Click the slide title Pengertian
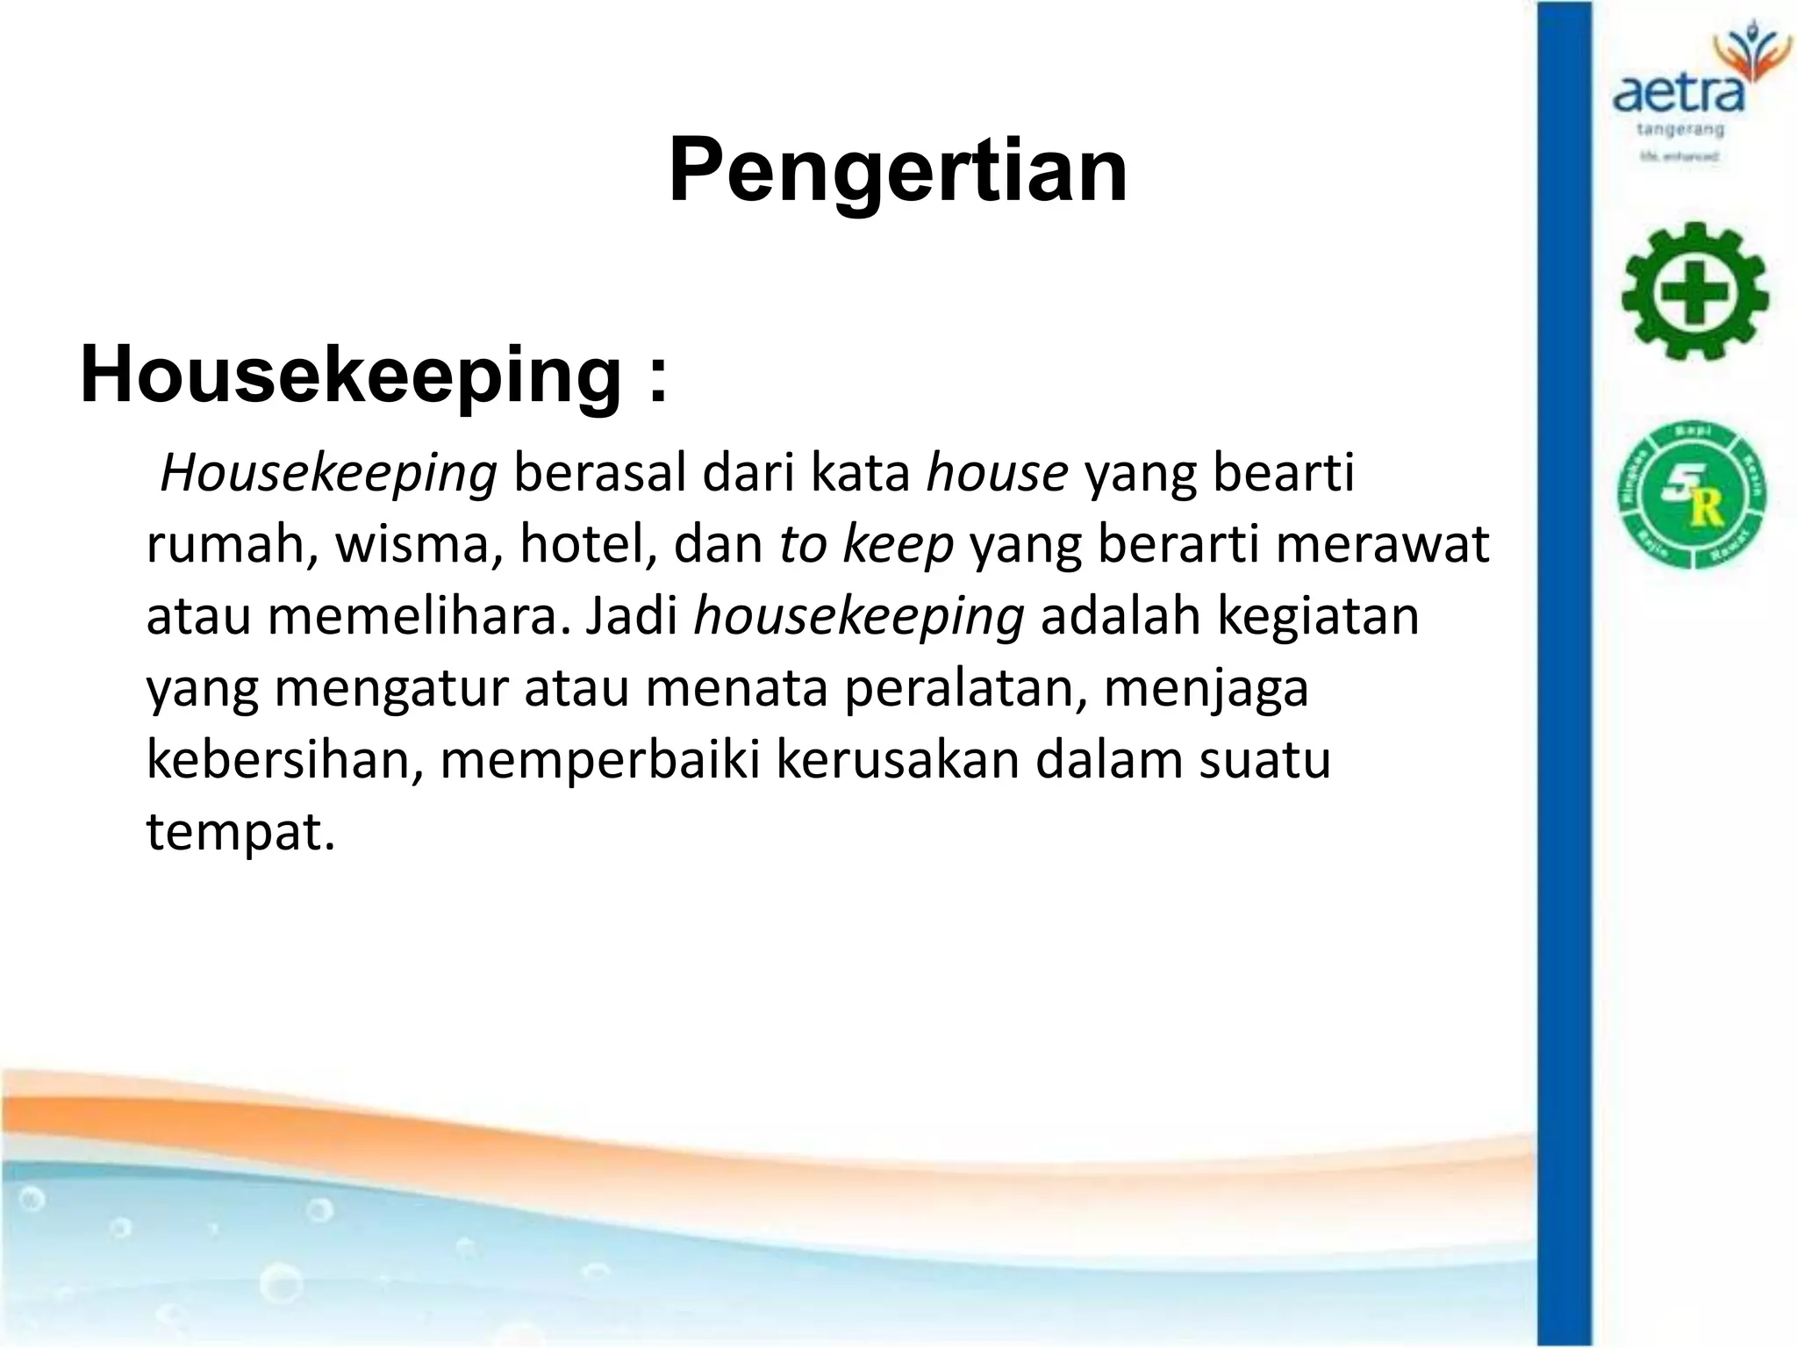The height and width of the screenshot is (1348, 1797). (898, 171)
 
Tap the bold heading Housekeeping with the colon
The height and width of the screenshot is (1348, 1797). (374, 376)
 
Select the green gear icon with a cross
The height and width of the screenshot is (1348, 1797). (1693, 291)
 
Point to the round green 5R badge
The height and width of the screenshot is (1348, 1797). (1692, 494)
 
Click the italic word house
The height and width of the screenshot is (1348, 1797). (998, 474)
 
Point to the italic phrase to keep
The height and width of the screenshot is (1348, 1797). (866, 545)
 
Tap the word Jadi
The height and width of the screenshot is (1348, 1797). (631, 616)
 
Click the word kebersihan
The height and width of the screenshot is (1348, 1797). (285, 760)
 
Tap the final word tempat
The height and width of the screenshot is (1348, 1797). (240, 832)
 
